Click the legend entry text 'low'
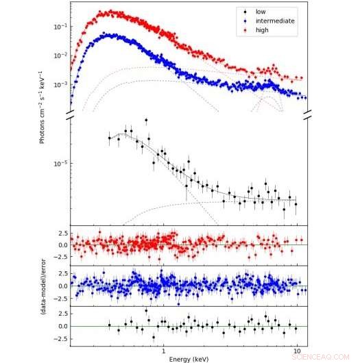261,12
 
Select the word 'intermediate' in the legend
274,21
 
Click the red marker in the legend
244,31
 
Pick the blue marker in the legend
244,21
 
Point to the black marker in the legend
244,12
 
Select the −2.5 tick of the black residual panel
59,338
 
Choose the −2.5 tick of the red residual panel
59,257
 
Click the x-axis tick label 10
297,351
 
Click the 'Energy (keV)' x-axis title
188,358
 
